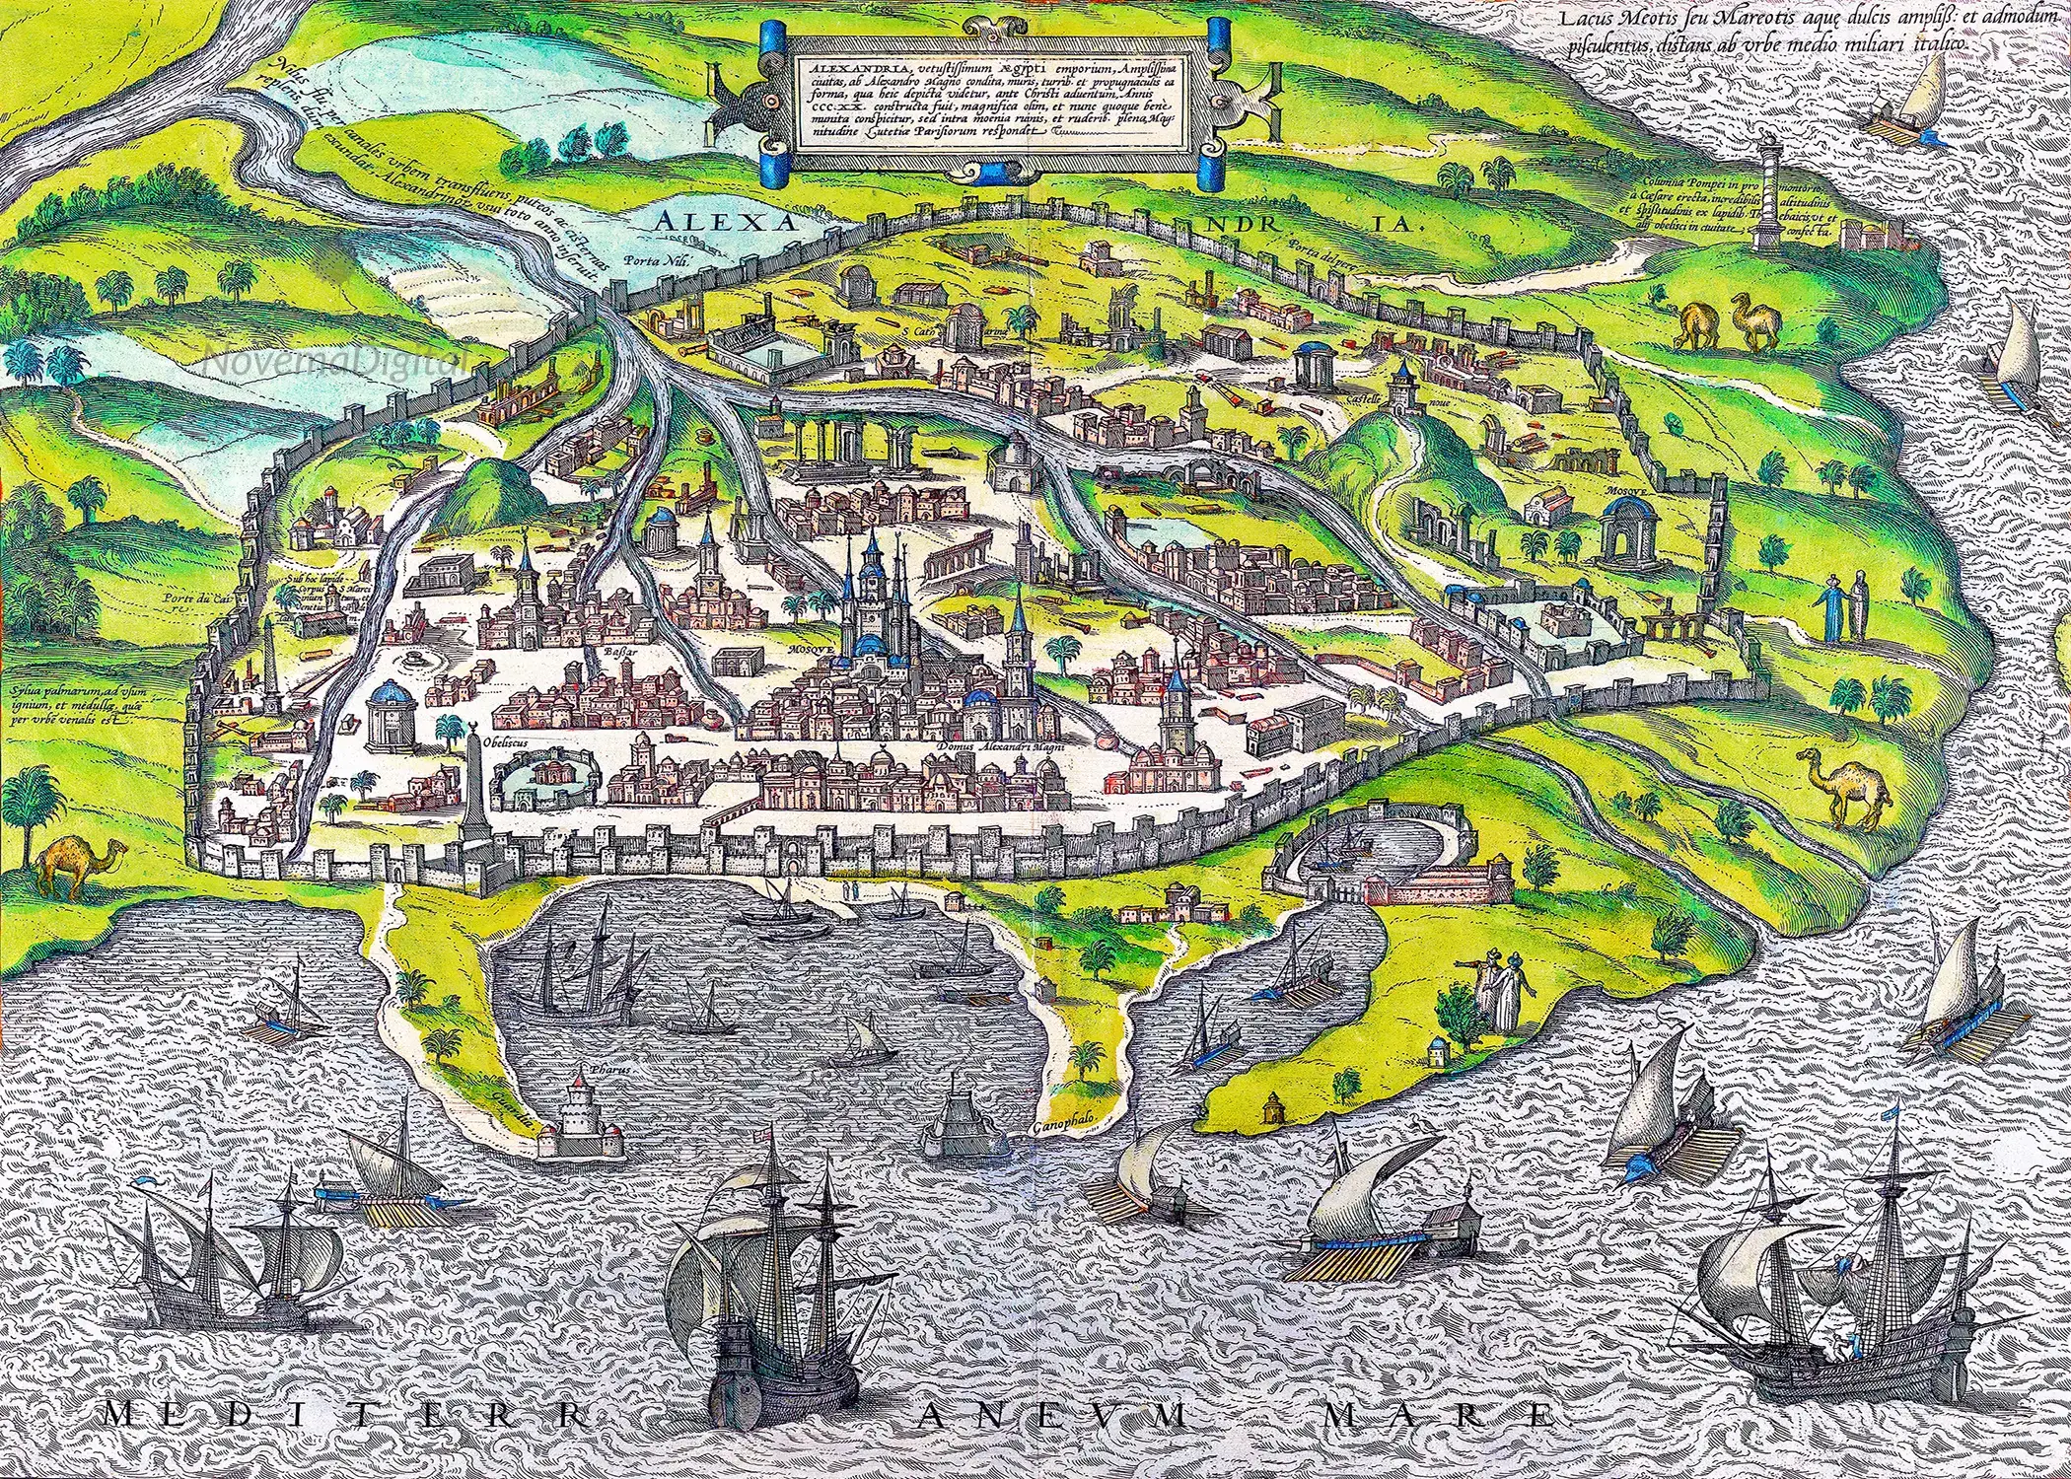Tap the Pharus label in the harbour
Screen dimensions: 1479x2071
point(596,1069)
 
